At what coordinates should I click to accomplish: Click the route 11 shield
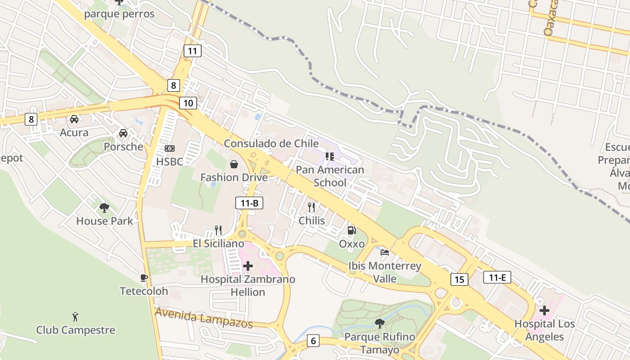coord(192,51)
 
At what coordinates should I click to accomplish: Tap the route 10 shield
coord(188,103)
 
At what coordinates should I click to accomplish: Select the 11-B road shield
coord(249,203)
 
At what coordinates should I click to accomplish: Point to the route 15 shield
coord(459,279)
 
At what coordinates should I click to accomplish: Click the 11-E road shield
coord(497,277)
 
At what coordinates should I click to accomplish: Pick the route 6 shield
coord(313,341)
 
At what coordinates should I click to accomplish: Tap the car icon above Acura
coord(74,119)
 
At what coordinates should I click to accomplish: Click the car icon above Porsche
coord(123,133)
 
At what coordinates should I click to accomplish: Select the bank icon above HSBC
coord(170,148)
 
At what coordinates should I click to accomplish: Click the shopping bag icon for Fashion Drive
coord(234,164)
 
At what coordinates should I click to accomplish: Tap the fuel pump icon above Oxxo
coord(351,230)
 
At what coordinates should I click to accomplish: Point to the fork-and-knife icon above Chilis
coord(311,207)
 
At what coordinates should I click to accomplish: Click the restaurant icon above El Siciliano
coord(218,230)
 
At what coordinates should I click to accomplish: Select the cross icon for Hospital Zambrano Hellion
coord(247,266)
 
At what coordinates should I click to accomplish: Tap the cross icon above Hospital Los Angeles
coord(544,310)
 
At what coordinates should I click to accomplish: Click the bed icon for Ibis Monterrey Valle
coord(385,252)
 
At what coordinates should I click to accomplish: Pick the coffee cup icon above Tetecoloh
coord(144,278)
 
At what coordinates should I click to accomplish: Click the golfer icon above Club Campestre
coord(75,317)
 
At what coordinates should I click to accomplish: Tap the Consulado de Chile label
coord(271,144)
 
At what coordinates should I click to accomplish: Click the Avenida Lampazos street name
coord(203,318)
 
